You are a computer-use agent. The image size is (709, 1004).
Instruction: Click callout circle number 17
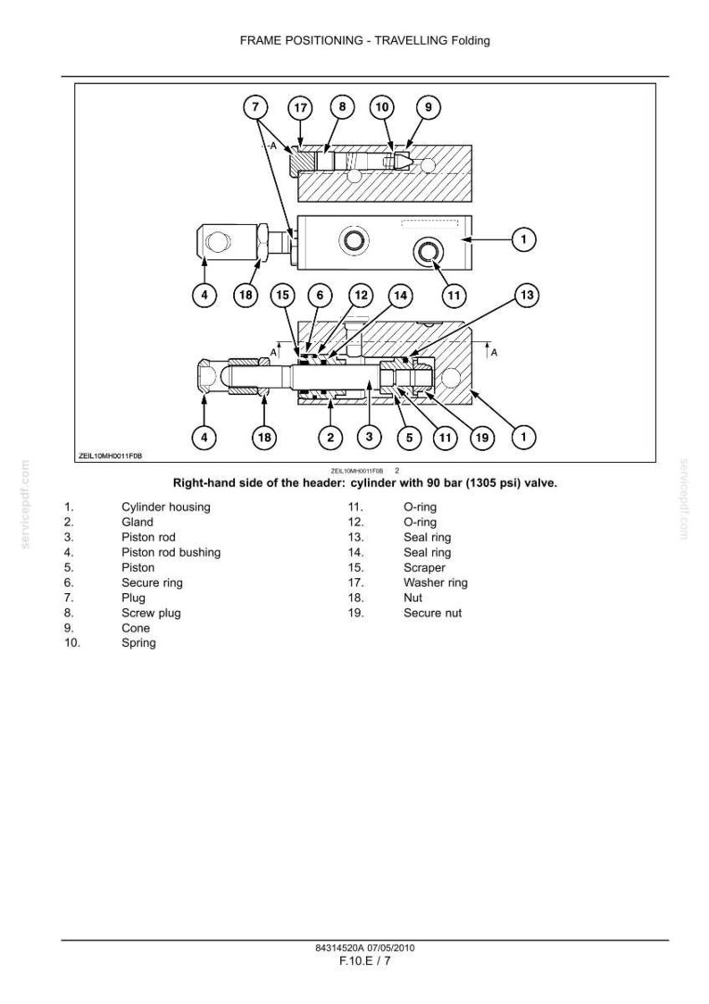[300, 107]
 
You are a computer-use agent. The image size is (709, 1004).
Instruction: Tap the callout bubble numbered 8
[342, 106]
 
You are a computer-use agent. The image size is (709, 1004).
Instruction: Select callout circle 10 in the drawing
[382, 106]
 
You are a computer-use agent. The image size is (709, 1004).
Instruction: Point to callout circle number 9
[429, 106]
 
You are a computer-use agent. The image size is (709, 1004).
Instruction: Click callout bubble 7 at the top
[255, 106]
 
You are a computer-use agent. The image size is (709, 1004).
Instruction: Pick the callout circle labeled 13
[527, 295]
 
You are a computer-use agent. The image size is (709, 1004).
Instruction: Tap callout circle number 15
[283, 295]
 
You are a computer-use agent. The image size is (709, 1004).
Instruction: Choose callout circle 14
[401, 295]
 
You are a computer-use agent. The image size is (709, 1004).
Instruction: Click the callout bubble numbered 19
[482, 438]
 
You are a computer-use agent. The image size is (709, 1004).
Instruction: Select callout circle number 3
[369, 437]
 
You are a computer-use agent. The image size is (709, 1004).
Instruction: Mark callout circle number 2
[330, 438]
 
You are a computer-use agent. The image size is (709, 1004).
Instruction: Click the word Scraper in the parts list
[424, 567]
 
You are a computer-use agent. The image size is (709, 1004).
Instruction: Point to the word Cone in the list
[136, 628]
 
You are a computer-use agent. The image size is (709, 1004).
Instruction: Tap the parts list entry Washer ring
[435, 582]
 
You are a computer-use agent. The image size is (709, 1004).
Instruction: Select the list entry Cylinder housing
[166, 507]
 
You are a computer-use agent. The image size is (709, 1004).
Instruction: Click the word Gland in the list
[137, 522]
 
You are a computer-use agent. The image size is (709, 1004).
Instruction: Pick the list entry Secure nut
[432, 613]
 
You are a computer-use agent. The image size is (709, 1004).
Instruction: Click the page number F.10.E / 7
[364, 960]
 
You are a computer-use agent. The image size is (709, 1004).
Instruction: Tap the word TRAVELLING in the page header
[411, 40]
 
